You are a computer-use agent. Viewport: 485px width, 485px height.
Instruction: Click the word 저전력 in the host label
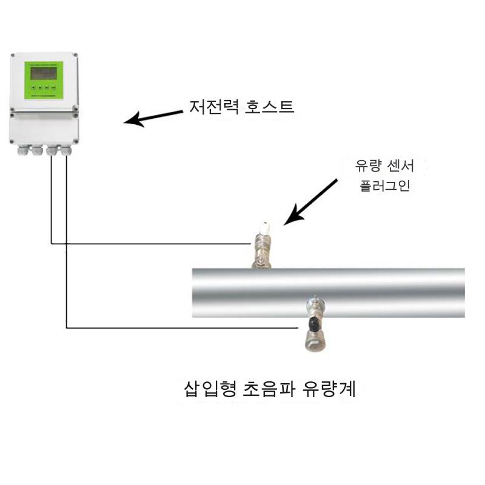(x=214, y=107)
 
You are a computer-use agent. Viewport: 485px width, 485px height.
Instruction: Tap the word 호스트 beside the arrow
(x=269, y=107)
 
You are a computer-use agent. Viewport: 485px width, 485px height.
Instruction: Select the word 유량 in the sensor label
(x=367, y=166)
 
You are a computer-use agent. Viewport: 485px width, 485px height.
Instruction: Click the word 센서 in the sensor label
(x=400, y=166)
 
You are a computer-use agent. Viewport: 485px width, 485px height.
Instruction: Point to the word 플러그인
(x=385, y=186)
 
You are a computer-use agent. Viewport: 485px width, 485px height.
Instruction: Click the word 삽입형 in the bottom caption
(x=210, y=389)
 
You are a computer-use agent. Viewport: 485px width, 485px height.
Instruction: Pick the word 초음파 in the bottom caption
(x=269, y=389)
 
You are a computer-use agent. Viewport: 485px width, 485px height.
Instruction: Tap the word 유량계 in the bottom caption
(x=329, y=389)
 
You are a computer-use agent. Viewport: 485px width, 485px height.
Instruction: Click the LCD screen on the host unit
(x=43, y=73)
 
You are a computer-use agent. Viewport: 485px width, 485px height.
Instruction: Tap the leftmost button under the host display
(x=33, y=88)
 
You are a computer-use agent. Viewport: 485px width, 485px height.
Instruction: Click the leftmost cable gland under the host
(x=23, y=150)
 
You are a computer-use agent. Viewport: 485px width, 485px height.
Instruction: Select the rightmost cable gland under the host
(x=66, y=150)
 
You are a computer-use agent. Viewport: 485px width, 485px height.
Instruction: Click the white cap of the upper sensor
(x=265, y=228)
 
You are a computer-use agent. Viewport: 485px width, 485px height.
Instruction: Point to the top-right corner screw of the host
(x=75, y=56)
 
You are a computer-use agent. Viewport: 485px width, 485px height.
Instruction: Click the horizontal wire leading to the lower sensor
(x=182, y=328)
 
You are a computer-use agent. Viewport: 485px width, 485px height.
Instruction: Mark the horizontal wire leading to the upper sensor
(x=151, y=244)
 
